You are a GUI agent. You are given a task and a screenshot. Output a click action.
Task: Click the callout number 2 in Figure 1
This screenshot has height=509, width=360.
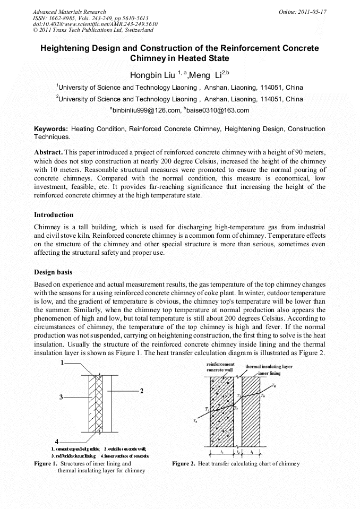(x=142, y=391)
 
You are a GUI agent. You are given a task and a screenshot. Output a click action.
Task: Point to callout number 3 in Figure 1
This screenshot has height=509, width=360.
(x=62, y=396)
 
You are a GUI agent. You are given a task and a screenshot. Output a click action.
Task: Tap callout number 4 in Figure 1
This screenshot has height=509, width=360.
(x=57, y=441)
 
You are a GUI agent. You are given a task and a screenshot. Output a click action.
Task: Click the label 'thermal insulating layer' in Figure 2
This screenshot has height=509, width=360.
(x=269, y=367)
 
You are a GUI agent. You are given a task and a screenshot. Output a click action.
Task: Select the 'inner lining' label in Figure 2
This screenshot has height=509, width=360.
(x=270, y=373)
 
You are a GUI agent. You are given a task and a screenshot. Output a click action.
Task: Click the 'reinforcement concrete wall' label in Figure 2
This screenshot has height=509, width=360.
(x=220, y=367)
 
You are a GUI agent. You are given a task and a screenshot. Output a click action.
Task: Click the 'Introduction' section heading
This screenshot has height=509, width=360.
(x=54, y=215)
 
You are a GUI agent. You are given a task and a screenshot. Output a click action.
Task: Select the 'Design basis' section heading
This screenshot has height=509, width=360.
(x=53, y=272)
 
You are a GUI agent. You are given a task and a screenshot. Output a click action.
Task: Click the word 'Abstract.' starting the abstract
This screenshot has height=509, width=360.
(x=49, y=152)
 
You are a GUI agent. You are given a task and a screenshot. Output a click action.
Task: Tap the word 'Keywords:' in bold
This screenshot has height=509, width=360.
(x=51, y=129)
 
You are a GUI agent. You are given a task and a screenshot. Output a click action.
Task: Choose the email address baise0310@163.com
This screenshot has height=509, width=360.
(x=218, y=110)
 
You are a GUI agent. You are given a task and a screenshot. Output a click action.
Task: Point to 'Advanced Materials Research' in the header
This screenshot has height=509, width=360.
(x=69, y=12)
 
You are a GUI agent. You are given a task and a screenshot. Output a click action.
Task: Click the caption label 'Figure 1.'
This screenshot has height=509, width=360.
(x=46, y=464)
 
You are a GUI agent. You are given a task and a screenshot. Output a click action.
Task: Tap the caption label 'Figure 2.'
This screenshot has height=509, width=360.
(x=184, y=464)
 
